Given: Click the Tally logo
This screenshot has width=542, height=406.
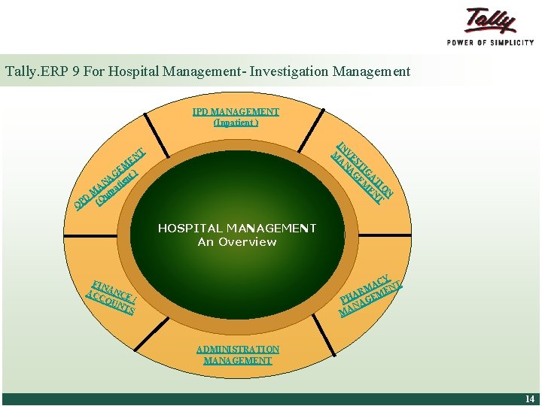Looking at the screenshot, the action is [491, 20].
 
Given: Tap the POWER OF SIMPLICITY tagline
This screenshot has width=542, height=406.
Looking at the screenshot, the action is [491, 43].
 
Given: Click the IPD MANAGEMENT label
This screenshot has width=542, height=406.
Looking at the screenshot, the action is [236, 112].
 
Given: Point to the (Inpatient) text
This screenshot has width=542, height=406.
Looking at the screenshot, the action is [236, 123].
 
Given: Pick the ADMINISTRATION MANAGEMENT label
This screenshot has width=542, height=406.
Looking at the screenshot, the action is [237, 355].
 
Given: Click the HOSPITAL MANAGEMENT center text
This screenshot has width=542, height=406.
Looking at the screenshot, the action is [237, 228].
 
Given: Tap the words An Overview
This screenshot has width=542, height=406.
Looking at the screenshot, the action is [237, 242].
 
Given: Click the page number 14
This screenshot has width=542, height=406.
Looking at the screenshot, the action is [530, 399].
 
